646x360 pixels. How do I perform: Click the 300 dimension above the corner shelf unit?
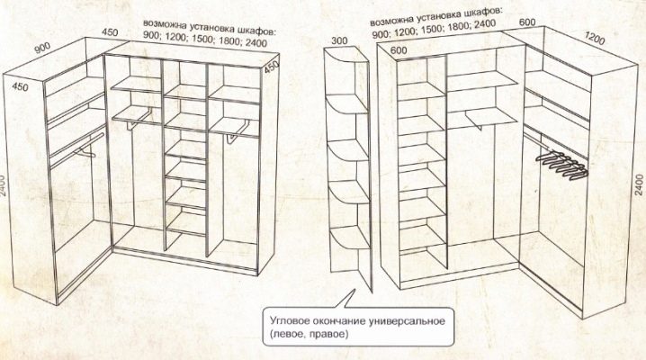point(339,40)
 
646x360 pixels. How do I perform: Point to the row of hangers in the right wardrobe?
point(562,165)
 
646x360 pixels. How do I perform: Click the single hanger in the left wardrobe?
point(85,153)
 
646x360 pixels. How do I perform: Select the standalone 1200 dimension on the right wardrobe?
point(595,39)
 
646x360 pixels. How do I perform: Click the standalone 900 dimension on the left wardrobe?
point(42,48)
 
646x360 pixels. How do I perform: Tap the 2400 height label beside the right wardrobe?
point(639,184)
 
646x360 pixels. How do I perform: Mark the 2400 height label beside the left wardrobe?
point(3,185)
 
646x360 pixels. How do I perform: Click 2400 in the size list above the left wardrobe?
point(256,42)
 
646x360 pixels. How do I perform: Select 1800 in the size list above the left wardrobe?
point(230,40)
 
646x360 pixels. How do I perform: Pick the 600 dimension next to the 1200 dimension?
point(527,22)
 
